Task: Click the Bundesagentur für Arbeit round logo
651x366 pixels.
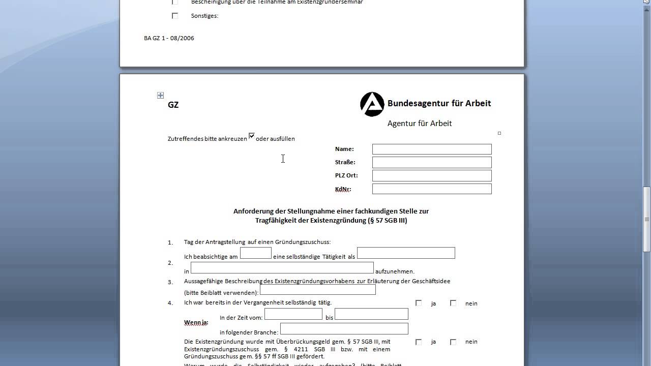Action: click(x=372, y=104)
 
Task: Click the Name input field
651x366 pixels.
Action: click(x=432, y=149)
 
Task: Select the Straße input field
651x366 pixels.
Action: click(x=432, y=162)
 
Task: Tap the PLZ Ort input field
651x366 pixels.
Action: click(x=432, y=175)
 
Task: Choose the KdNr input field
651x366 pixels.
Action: click(x=432, y=189)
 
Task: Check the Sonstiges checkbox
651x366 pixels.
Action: click(x=175, y=16)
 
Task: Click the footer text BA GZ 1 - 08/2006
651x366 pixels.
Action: click(x=169, y=38)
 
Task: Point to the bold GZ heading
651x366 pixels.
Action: click(x=173, y=105)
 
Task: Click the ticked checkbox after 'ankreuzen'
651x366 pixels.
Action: click(x=251, y=136)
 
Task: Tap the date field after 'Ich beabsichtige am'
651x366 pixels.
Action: click(x=255, y=253)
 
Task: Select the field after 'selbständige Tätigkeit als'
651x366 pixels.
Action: click(x=406, y=253)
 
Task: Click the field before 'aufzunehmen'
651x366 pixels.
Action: click(x=282, y=267)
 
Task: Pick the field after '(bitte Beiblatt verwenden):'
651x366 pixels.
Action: click(x=317, y=290)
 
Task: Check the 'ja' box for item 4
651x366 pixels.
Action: click(x=419, y=303)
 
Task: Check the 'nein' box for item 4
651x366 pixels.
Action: click(x=453, y=303)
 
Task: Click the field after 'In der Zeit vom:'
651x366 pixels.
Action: click(x=293, y=314)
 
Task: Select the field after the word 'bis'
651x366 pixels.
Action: click(x=371, y=314)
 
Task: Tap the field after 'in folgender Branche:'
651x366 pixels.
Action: click(x=344, y=328)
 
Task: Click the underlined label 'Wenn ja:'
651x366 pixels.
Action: click(x=196, y=322)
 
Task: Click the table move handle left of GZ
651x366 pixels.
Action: click(x=160, y=95)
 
